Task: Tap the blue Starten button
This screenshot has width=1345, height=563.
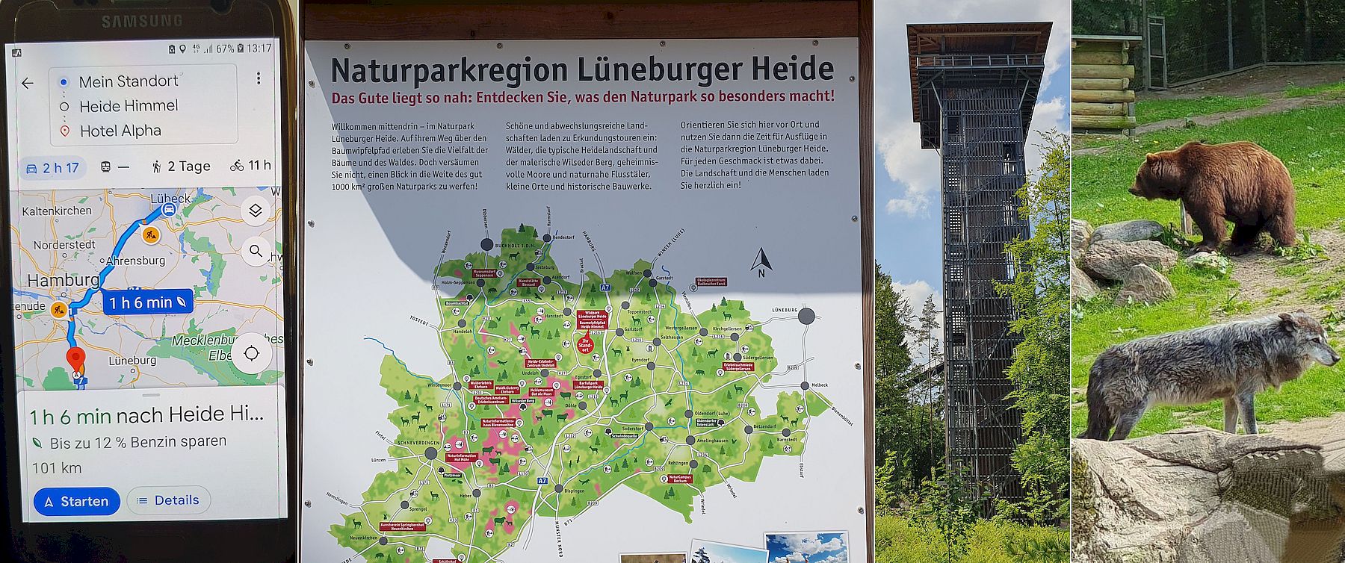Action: coord(76,501)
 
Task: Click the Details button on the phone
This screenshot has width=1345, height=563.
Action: coord(169,500)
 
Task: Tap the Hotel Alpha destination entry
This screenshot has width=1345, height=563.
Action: coord(120,131)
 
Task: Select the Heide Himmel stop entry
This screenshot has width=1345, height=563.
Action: coord(129,106)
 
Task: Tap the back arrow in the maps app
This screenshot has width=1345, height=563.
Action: coord(28,83)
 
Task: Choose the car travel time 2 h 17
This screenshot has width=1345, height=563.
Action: coord(52,167)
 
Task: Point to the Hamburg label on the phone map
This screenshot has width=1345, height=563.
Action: coord(63,280)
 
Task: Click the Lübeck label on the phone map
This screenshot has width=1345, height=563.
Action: coord(170,199)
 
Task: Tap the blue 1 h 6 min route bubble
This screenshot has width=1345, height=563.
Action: coord(147,302)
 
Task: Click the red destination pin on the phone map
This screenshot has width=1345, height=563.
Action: coord(75,359)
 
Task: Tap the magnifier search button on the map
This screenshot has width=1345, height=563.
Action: coord(256,252)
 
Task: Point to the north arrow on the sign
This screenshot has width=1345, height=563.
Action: coord(761,261)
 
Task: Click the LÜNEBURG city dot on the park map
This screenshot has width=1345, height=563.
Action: coord(806,317)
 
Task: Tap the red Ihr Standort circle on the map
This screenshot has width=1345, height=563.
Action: coord(586,344)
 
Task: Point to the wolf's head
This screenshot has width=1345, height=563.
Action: coord(1308,340)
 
